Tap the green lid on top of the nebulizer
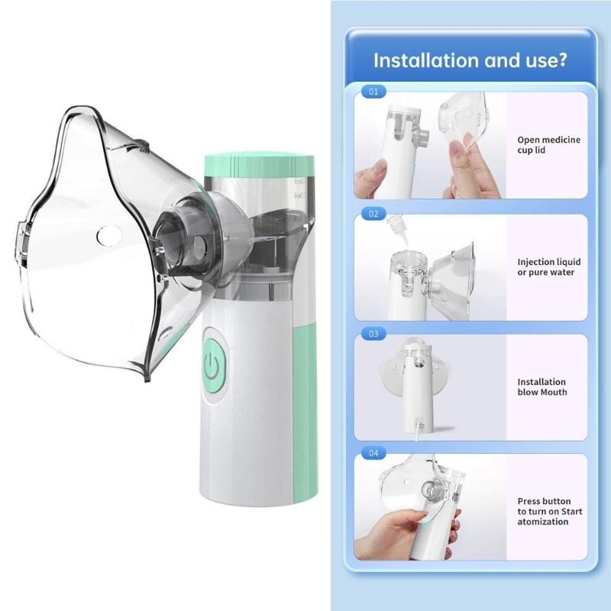(x=259, y=163)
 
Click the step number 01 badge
(x=373, y=92)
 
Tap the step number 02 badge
(x=373, y=214)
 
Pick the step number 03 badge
(x=373, y=334)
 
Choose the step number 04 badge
(x=373, y=453)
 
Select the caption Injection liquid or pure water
(x=545, y=267)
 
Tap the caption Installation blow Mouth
(x=541, y=387)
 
